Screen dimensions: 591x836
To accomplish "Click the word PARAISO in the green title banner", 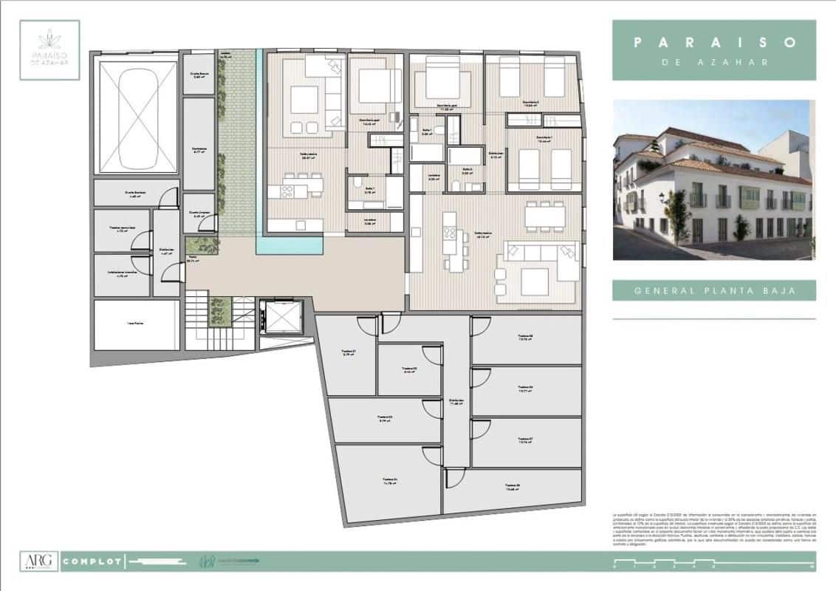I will [x=714, y=43].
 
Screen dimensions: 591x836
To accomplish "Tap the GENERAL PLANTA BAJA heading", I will [x=714, y=290].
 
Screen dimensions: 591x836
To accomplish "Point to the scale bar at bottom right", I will [x=713, y=566].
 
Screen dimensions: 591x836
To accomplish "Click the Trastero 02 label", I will [x=410, y=369].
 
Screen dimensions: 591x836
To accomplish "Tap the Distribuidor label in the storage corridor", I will [x=456, y=401].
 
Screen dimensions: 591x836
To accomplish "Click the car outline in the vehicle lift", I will [x=136, y=117].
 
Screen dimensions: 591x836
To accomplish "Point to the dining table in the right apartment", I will [x=545, y=214].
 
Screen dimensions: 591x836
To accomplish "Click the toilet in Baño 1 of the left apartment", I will [x=357, y=183].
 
